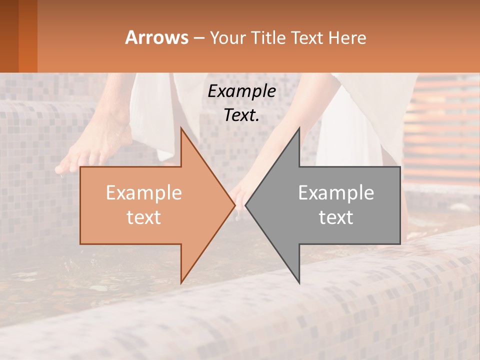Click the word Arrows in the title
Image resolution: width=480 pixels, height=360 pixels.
(x=157, y=37)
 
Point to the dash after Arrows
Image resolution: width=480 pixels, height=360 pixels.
(x=198, y=38)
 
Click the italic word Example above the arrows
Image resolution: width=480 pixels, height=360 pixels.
(x=241, y=91)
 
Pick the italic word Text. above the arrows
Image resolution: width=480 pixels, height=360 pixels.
(x=241, y=115)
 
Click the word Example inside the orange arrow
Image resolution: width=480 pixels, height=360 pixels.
(x=144, y=192)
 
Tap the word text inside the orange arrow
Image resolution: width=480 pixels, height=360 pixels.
(x=144, y=217)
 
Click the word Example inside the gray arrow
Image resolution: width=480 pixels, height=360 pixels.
(x=336, y=192)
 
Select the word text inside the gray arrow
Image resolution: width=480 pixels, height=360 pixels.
(x=336, y=217)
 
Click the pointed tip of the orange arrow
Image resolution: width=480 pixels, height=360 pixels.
(x=235, y=205)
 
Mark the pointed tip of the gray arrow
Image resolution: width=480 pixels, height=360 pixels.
(x=245, y=205)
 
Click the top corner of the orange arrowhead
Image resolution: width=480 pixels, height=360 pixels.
(x=181, y=128)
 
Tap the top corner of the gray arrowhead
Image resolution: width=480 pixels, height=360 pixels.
(x=299, y=128)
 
